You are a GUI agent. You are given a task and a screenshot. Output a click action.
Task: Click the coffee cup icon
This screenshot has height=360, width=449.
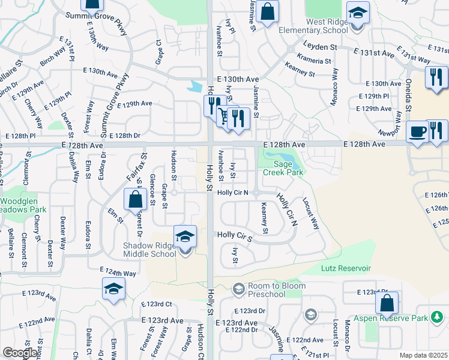point(416,131)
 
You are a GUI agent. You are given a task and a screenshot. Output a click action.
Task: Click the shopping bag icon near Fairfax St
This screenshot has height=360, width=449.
point(136,199)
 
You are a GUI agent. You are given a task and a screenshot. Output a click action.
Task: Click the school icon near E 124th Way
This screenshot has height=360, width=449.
point(113,289)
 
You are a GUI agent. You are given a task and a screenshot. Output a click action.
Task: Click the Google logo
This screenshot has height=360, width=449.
point(20,353)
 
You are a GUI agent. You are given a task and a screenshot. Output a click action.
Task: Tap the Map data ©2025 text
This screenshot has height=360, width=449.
point(424,355)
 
